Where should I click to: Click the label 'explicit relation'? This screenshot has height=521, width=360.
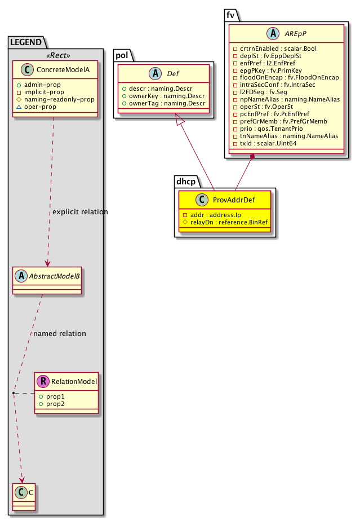(80, 212)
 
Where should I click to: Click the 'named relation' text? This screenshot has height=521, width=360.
(60, 333)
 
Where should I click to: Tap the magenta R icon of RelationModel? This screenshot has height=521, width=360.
(43, 381)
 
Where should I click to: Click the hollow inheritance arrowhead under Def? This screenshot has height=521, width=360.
(179, 119)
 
